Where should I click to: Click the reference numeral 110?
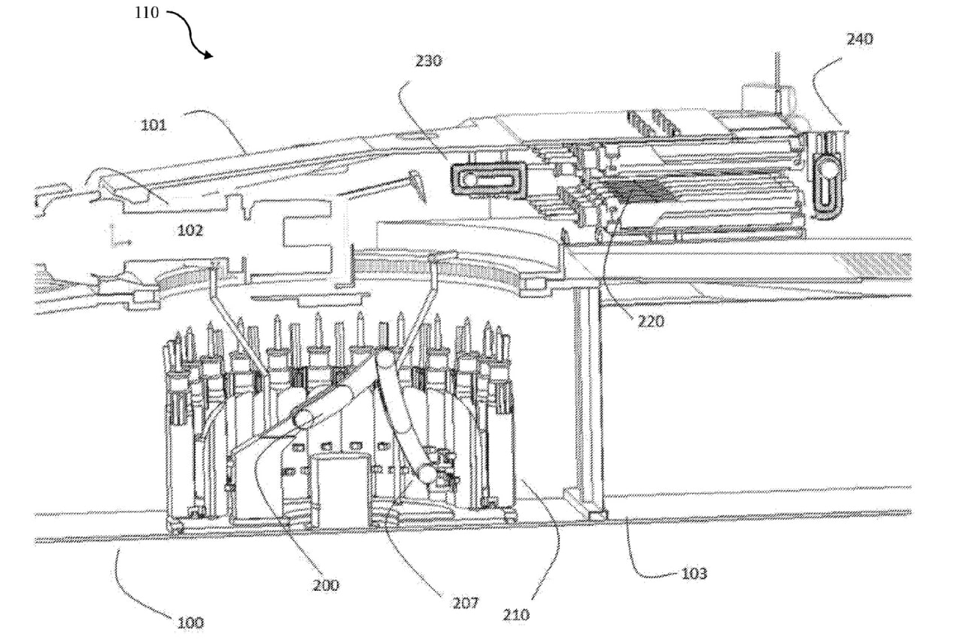point(147,13)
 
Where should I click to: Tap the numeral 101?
point(153,125)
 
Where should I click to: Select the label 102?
point(190,230)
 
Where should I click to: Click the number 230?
point(428,62)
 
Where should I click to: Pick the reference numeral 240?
point(860,39)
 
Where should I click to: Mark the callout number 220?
point(652,321)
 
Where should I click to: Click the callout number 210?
point(517,615)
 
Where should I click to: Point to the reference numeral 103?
point(694,574)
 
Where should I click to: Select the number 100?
point(190,622)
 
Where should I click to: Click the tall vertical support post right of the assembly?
point(587,399)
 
